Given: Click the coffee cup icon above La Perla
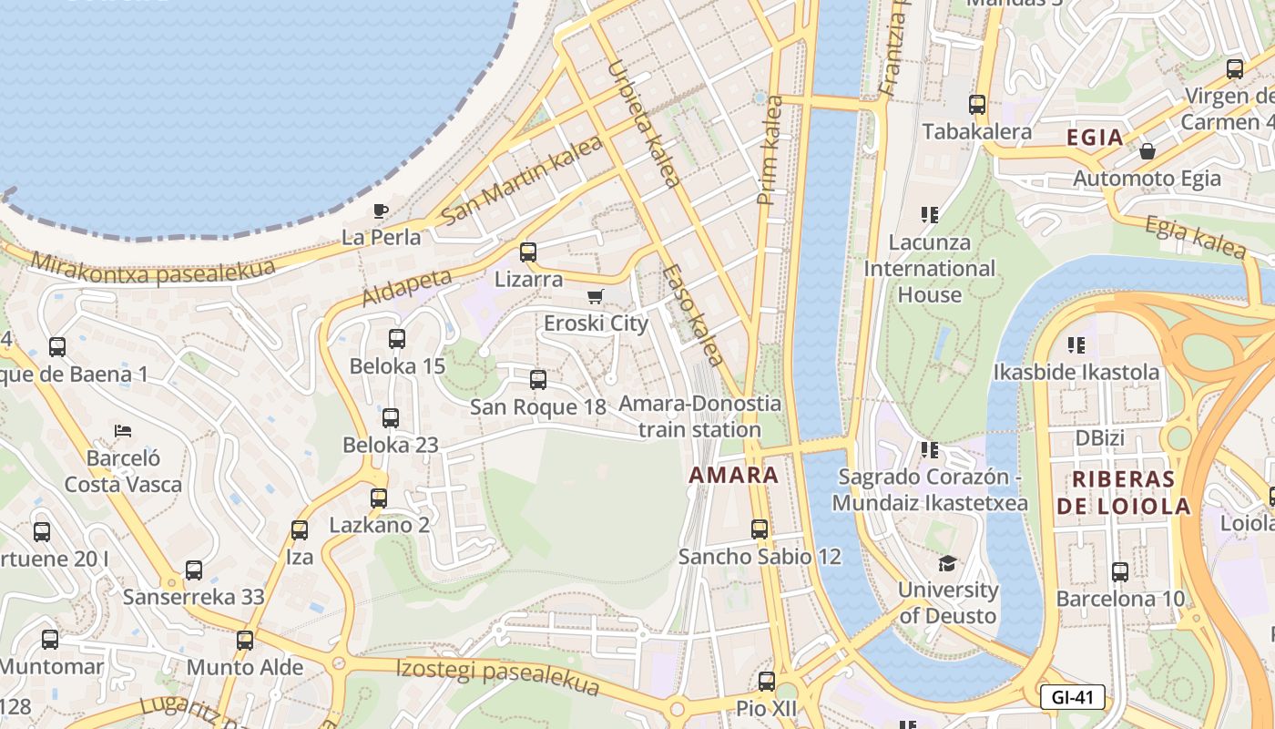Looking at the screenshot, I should [x=381, y=211].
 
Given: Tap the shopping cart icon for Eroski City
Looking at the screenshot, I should [x=596, y=296].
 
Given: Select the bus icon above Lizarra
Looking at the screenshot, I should [x=528, y=252].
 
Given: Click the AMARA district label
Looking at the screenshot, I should [x=734, y=475].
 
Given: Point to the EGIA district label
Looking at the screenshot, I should [x=1095, y=138].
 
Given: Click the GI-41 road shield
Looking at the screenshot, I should [x=1072, y=698].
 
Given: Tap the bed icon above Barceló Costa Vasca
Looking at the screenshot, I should [x=123, y=430].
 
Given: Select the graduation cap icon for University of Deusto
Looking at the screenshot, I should [x=948, y=563].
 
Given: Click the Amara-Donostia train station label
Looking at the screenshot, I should [x=699, y=416].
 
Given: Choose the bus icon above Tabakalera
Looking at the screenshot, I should [x=977, y=105].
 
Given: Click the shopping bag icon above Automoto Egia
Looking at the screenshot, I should [x=1147, y=151].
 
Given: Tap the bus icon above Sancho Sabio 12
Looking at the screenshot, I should [x=760, y=529].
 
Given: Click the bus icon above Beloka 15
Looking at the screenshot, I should [x=397, y=339].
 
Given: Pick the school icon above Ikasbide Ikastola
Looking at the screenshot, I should [x=1076, y=345].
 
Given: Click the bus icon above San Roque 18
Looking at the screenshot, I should [x=538, y=380].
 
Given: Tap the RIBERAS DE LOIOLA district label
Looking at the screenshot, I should [x=1123, y=493].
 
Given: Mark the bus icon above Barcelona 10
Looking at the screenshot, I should [x=1120, y=572].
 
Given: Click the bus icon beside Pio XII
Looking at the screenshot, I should [x=767, y=682].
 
